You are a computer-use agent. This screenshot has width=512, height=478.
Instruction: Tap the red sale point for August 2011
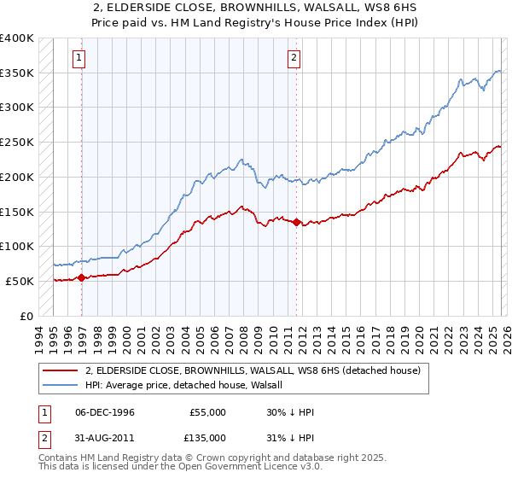click(296, 222)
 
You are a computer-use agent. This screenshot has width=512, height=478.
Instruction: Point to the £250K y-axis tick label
click(17, 143)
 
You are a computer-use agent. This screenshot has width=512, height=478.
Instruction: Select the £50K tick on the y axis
click(20, 281)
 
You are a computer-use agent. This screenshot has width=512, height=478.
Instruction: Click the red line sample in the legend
click(61, 371)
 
